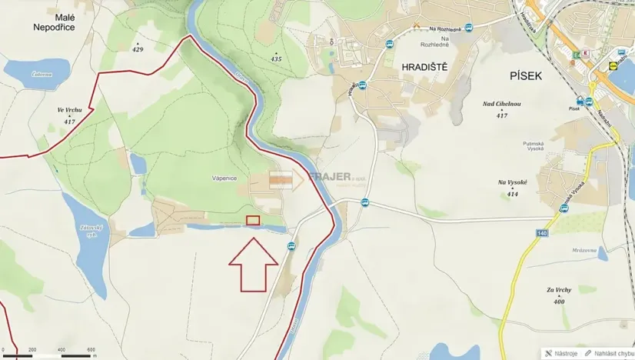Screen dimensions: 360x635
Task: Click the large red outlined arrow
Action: click(x=253, y=264)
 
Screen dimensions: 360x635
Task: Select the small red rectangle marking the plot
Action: click(x=253, y=221)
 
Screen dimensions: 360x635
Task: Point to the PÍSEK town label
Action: click(x=527, y=75)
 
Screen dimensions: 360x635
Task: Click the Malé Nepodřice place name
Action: click(x=55, y=21)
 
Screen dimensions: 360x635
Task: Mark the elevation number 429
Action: click(x=138, y=49)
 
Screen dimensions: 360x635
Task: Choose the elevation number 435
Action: click(x=277, y=58)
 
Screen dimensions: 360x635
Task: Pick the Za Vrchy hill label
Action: click(x=560, y=290)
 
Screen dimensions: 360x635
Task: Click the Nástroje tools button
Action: click(x=564, y=354)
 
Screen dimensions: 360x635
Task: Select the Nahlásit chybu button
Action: click(x=611, y=354)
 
